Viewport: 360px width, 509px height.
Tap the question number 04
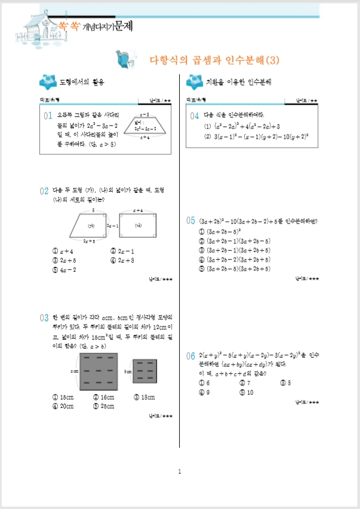(193, 116)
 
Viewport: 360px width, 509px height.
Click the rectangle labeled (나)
(137, 226)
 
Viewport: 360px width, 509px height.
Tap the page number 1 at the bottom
(179, 473)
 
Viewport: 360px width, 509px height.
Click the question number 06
(192, 357)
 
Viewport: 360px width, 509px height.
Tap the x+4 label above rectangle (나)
(137, 211)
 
